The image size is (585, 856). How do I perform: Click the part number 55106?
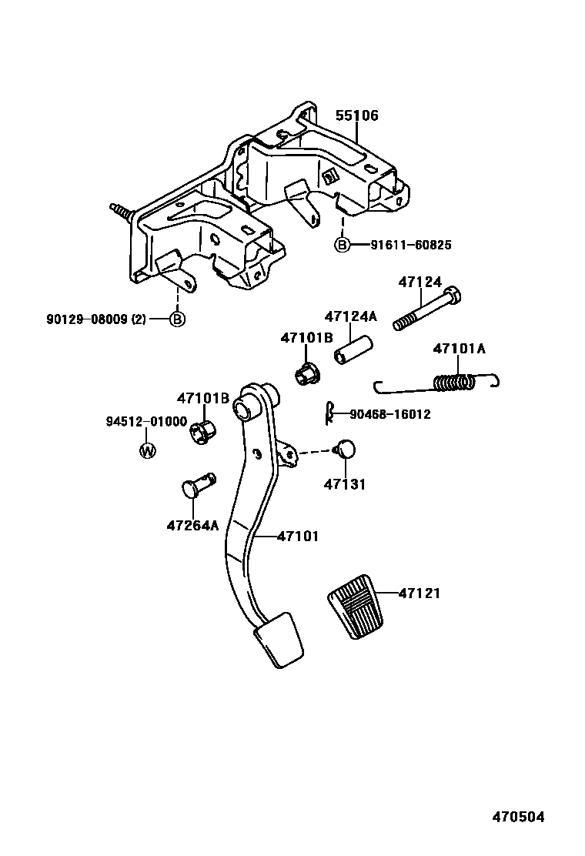coord(356,115)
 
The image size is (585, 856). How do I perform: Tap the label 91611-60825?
coord(410,245)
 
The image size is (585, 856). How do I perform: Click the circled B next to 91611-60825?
coord(342,245)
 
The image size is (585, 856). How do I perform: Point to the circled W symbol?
coord(147,450)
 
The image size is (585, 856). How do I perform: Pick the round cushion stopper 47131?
coord(346,448)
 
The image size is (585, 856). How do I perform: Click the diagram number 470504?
coord(518,818)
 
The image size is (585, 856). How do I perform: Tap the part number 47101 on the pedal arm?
coord(298,537)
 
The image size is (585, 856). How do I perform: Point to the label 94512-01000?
coord(146,422)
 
